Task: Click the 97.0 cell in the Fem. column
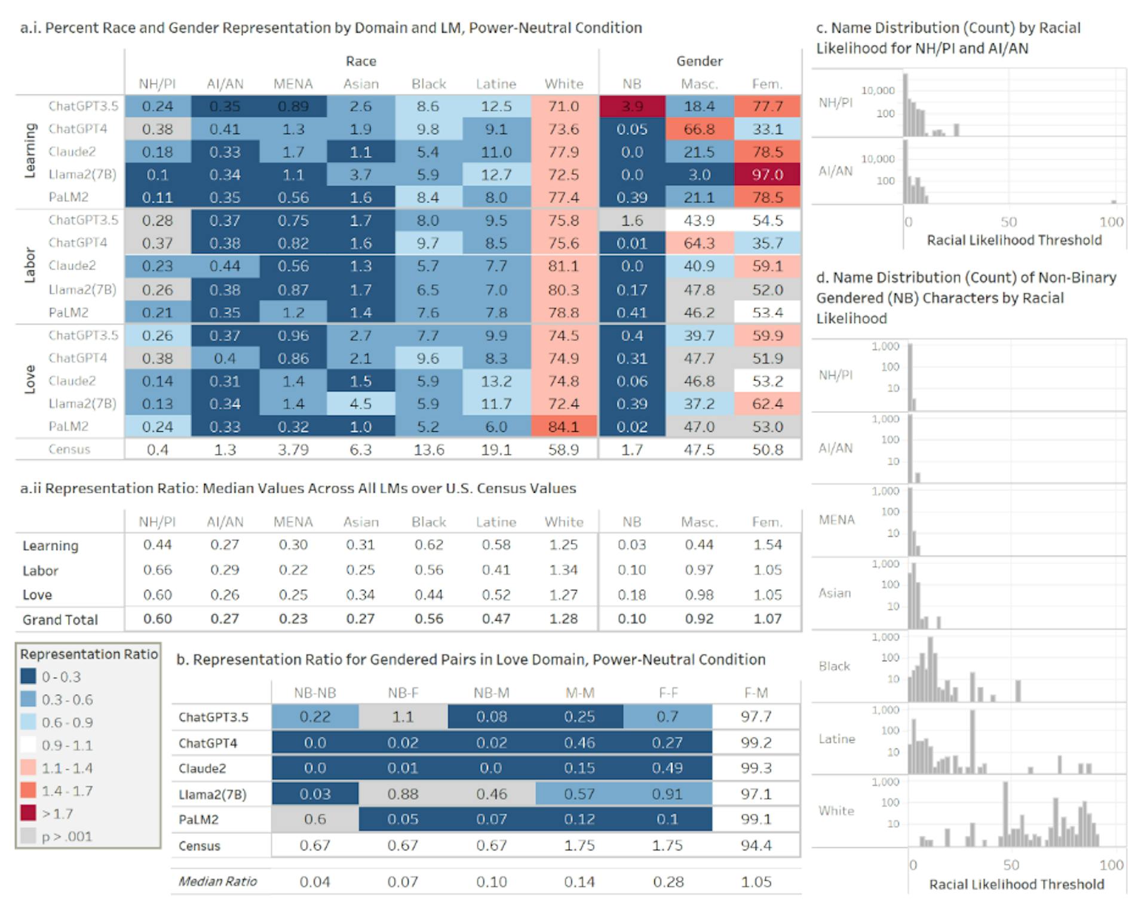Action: (767, 175)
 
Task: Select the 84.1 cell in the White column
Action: (563, 427)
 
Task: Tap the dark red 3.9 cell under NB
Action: (631, 106)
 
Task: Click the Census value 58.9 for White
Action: (563, 449)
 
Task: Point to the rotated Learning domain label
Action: (30, 151)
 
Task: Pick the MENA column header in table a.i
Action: (293, 84)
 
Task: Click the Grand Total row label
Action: (60, 620)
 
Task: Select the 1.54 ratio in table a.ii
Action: (767, 545)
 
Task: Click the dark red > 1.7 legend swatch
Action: (28, 814)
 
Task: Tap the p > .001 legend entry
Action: (66, 836)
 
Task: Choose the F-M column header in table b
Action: (756, 693)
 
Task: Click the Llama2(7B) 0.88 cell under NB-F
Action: (403, 794)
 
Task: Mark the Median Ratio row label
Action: (217, 881)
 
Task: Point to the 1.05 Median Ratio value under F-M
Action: (756, 882)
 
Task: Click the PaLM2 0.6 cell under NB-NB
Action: (315, 819)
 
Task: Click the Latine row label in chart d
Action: (836, 739)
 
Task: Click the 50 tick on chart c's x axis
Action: (1008, 222)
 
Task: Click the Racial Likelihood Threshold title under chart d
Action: (1016, 884)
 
